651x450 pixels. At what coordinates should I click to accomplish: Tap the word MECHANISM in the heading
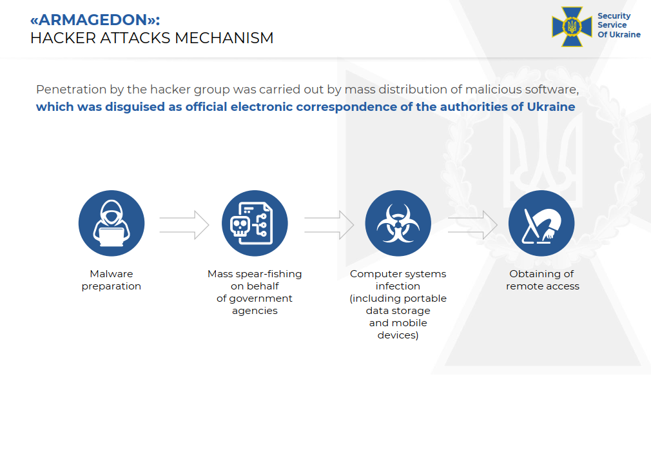coord(224,38)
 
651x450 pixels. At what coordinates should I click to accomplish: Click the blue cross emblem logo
coord(572,26)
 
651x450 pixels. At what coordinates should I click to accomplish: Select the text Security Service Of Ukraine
coord(619,25)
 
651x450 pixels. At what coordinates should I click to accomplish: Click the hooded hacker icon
coord(112,223)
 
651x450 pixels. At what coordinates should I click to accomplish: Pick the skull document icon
coord(255,223)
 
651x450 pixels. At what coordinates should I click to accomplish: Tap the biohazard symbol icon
coord(398,223)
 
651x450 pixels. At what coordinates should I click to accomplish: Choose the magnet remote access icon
coord(541,223)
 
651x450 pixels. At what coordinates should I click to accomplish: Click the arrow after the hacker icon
coord(184,225)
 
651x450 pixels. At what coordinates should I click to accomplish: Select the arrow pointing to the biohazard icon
coord(329,225)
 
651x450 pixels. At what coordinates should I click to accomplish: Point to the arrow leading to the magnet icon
coord(472,225)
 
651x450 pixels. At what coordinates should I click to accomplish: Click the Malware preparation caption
coord(112,280)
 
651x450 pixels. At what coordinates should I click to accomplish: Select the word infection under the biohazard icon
coord(398,286)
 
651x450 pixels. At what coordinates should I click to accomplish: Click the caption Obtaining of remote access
coord(542,280)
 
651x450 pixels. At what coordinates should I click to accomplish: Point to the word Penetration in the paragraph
coord(72,89)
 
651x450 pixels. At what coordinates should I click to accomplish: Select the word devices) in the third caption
coord(398,335)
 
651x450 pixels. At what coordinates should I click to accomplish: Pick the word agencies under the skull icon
coord(255,311)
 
